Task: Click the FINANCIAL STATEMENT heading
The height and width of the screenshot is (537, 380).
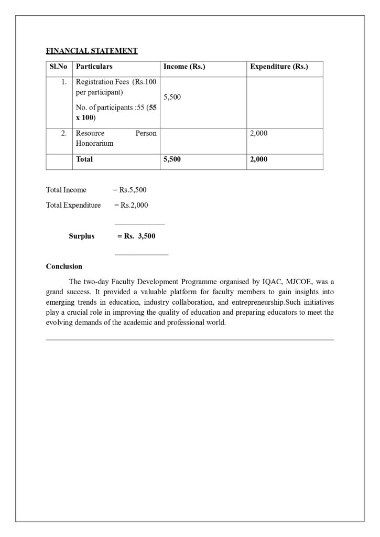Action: [x=92, y=51]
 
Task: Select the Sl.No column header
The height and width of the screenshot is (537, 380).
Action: [x=59, y=67]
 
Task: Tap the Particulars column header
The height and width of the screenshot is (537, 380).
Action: [x=94, y=67]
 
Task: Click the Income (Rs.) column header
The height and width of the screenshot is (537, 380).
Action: [x=184, y=67]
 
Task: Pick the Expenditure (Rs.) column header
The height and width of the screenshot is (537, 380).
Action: [x=279, y=67]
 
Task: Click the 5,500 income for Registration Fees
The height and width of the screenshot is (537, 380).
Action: [x=172, y=98]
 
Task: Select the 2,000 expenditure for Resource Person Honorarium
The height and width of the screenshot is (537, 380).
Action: [x=259, y=134]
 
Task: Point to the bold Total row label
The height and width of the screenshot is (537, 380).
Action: [x=84, y=159]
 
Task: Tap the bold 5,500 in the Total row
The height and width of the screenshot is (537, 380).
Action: [x=172, y=159]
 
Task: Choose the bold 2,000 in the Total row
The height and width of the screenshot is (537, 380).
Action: [x=259, y=159]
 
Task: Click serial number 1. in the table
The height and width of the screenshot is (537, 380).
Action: [x=64, y=82]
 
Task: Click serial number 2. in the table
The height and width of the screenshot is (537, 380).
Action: [x=64, y=134]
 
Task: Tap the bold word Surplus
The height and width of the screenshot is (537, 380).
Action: [x=82, y=236]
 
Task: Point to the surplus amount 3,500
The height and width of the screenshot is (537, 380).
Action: [x=146, y=236]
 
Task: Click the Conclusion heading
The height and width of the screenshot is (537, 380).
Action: [x=64, y=266]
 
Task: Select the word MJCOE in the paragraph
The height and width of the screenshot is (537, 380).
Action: [x=299, y=282]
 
